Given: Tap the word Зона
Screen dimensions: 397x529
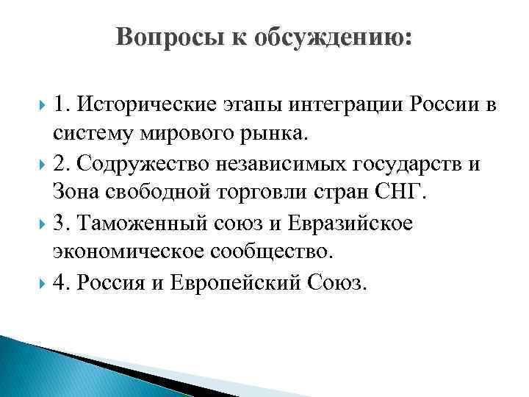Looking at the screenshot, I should [x=76, y=193].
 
